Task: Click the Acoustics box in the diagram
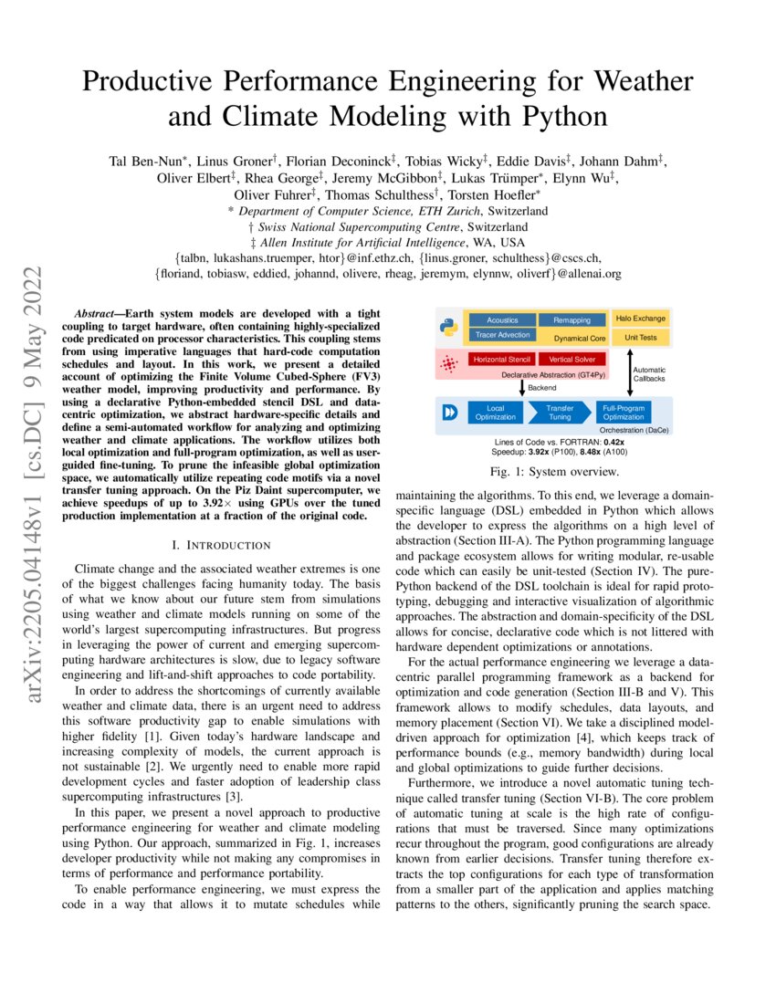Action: tap(502, 320)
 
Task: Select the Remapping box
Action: tap(572, 320)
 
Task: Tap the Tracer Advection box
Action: tap(502, 335)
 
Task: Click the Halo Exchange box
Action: tap(640, 319)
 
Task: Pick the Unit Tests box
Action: tap(640, 337)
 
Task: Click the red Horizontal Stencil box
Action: tap(502, 361)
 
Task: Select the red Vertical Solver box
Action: tap(572, 361)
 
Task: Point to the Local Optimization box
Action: tap(496, 412)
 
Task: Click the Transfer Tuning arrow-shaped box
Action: tap(558, 412)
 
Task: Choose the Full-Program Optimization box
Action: tap(624, 412)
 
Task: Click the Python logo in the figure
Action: tap(448, 328)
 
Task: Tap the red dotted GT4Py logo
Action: tap(448, 365)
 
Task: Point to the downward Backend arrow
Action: tap(521, 387)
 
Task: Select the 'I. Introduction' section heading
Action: tap(222, 545)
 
